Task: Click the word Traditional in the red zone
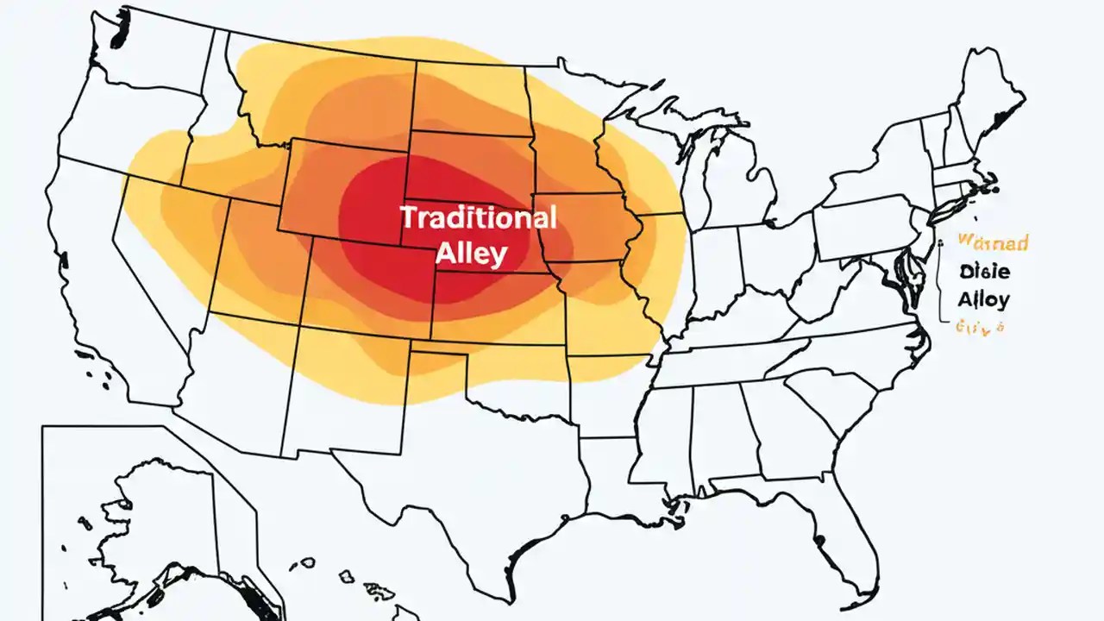(x=478, y=217)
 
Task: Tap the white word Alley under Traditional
(x=471, y=254)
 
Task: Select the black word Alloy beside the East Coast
(x=983, y=299)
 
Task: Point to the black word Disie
(x=983, y=272)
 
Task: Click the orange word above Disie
(x=993, y=243)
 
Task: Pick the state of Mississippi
(x=668, y=431)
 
